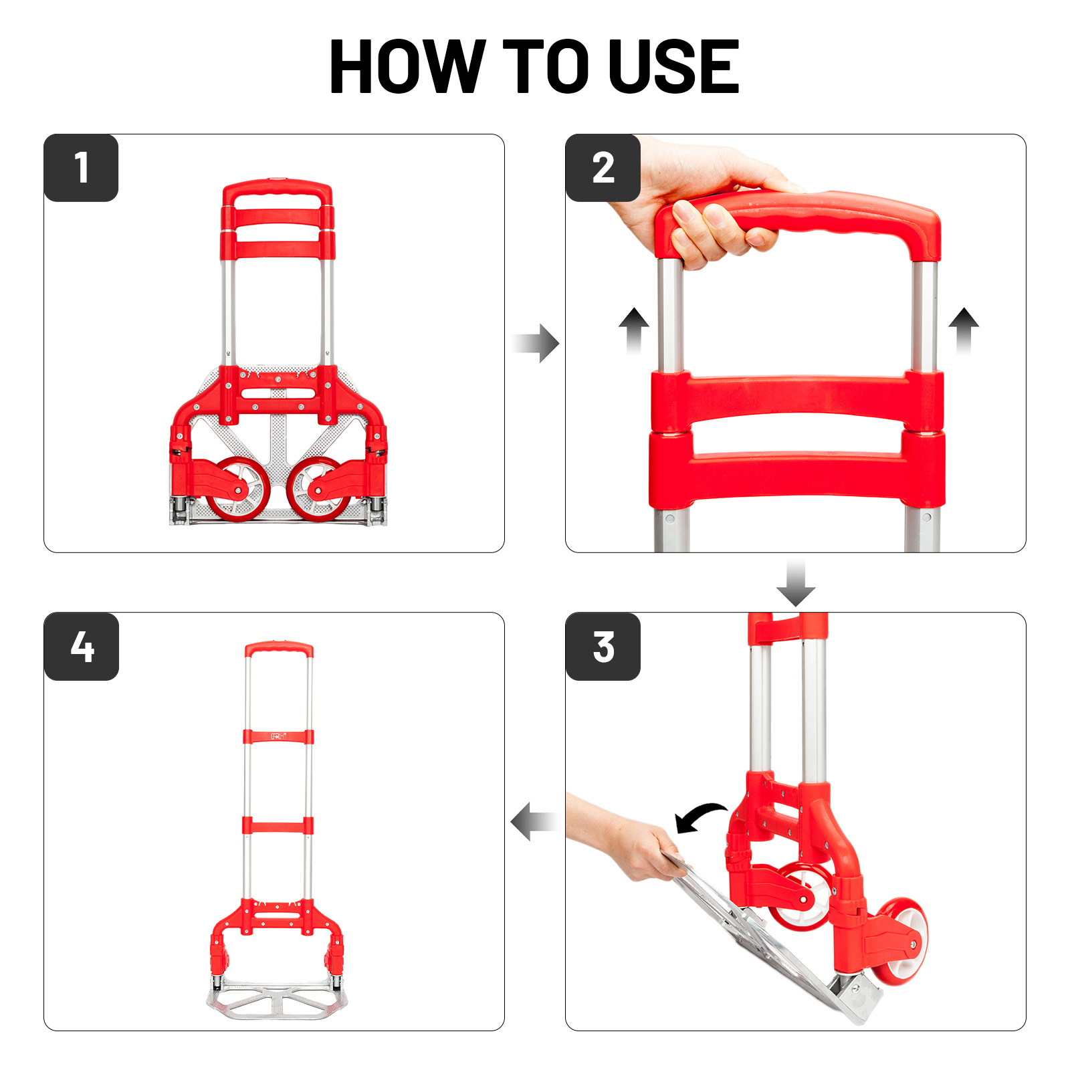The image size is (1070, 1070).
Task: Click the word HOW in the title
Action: [x=407, y=66]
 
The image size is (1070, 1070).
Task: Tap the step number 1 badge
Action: [x=81, y=167]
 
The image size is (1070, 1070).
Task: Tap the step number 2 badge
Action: [x=603, y=167]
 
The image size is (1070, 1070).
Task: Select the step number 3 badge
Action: [x=603, y=647]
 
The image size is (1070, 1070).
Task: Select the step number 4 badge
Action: [x=81, y=647]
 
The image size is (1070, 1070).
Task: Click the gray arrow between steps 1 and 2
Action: [x=536, y=344]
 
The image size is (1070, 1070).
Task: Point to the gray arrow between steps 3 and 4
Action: [x=534, y=821]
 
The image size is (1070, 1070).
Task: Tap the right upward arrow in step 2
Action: [x=964, y=330]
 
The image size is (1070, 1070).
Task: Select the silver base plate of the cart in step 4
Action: [x=278, y=1000]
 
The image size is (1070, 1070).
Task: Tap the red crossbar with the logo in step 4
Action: [x=278, y=737]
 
